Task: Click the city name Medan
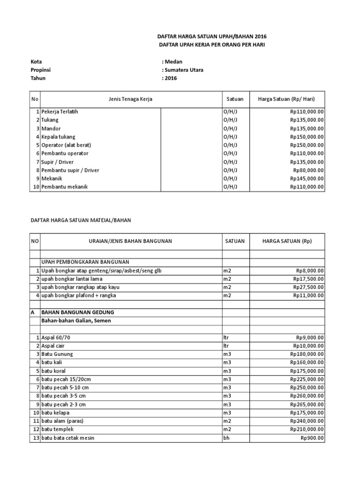pyautogui.click(x=173, y=61)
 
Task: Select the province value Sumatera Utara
pyautogui.click(x=183, y=70)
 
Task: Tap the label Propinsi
pyautogui.click(x=41, y=70)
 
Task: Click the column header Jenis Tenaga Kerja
pyautogui.click(x=130, y=99)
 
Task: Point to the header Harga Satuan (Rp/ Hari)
pyautogui.click(x=286, y=99)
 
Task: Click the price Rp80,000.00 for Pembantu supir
pyautogui.click(x=308, y=170)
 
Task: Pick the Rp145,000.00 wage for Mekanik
pyautogui.click(x=307, y=179)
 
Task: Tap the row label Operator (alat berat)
pyautogui.click(x=66, y=145)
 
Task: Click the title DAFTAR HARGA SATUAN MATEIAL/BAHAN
pyautogui.click(x=83, y=219)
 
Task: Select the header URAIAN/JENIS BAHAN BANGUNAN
pyautogui.click(x=130, y=241)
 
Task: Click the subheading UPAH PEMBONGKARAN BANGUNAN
pyautogui.click(x=85, y=262)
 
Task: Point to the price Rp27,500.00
pyautogui.click(x=308, y=287)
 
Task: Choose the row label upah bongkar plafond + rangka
pyautogui.click(x=79, y=295)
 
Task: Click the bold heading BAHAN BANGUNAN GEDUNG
pyautogui.click(x=78, y=312)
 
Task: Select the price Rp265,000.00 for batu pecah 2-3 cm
pyautogui.click(x=307, y=404)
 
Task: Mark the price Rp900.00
pyautogui.click(x=312, y=438)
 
